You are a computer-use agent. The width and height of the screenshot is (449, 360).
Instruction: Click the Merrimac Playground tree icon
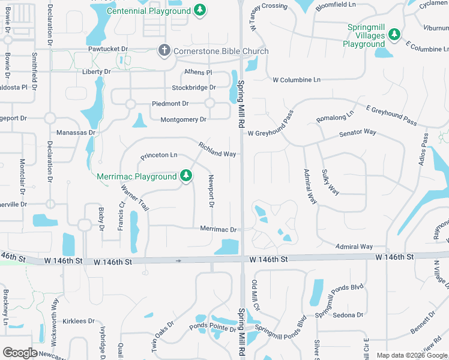coord(187,176)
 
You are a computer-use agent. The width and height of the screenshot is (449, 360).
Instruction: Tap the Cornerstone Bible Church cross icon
coord(164,51)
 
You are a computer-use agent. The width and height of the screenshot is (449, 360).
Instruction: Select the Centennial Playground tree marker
coord(200,10)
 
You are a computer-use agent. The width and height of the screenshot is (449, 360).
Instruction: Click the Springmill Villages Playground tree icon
coord(394,35)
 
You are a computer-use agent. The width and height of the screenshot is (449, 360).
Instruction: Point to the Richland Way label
coord(217,149)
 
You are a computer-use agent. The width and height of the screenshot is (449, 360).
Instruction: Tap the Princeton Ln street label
coord(159,155)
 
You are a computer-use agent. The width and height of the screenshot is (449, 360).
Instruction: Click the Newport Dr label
coord(211,191)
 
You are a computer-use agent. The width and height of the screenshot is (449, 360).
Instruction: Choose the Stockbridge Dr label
coord(193,88)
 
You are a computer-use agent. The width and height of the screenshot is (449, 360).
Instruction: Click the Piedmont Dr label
coord(170,104)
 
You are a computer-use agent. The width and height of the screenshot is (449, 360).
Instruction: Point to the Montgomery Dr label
coord(183,120)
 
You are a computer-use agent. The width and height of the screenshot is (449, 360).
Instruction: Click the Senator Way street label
coord(358,132)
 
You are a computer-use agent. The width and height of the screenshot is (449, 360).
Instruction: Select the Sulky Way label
coord(331,182)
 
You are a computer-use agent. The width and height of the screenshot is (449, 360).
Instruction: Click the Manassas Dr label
coord(76,133)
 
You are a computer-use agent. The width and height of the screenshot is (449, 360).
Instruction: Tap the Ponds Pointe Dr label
coord(212,328)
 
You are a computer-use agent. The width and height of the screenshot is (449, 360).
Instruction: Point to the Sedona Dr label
coord(348,315)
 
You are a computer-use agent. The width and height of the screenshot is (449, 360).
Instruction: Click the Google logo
coord(21,353)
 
